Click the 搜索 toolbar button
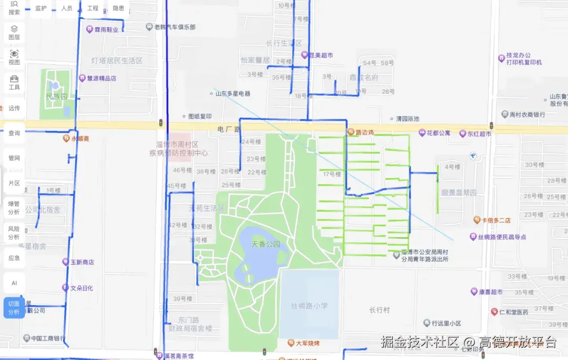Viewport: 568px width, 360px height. (x=14, y=7)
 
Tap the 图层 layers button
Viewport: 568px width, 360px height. (x=14, y=33)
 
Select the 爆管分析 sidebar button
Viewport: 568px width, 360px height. (x=14, y=207)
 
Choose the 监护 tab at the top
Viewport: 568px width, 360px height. (x=40, y=8)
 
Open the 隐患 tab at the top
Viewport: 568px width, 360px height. (x=119, y=8)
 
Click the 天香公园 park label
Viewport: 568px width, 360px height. (x=266, y=244)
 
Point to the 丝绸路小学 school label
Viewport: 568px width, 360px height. (x=309, y=305)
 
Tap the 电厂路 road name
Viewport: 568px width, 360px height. (x=229, y=129)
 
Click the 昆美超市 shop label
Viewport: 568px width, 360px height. (x=320, y=55)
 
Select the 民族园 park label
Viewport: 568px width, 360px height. (x=56, y=97)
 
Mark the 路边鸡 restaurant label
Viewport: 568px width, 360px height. (x=364, y=133)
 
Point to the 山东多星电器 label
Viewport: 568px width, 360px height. (x=233, y=94)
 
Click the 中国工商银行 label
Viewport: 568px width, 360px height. (x=47, y=338)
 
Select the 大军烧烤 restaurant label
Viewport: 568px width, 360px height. (x=307, y=343)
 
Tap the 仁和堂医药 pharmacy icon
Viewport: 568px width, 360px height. (x=494, y=312)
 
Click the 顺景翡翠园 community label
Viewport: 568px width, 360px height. (x=459, y=193)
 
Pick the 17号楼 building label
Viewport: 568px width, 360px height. (x=332, y=174)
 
